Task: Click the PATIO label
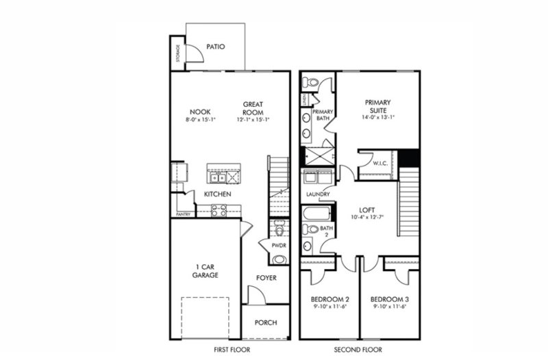215,47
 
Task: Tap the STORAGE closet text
178,53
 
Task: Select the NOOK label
200,112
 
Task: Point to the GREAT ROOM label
253,108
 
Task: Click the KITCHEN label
217,194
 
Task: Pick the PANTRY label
182,214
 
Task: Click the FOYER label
266,278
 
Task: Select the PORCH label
265,323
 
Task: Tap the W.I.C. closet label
381,164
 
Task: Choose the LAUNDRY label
319,194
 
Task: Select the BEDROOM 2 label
329,300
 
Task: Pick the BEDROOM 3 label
389,300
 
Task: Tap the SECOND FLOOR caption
359,350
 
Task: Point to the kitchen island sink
219,178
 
